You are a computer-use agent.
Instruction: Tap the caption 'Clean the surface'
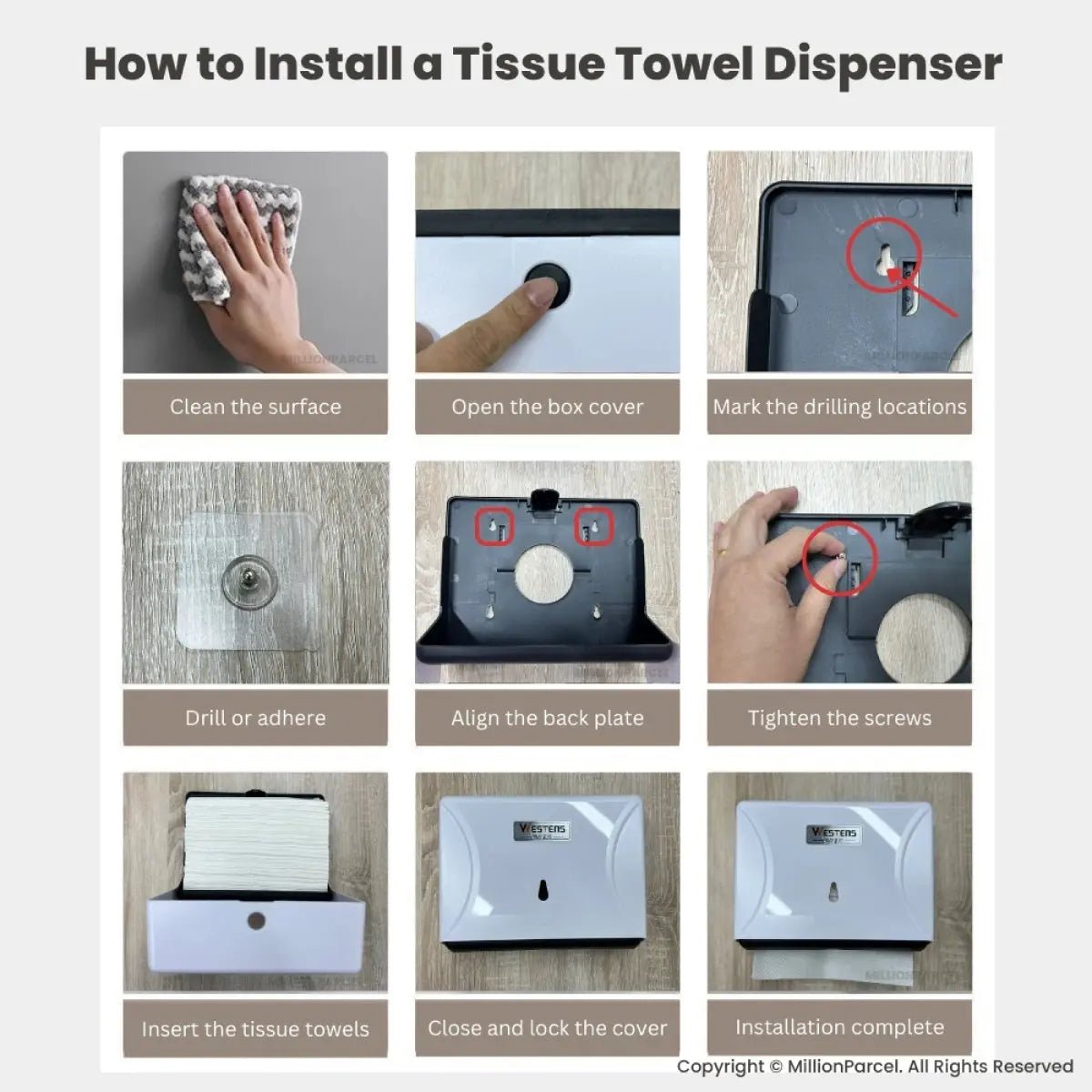click(x=256, y=406)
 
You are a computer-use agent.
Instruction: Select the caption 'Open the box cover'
click(x=548, y=406)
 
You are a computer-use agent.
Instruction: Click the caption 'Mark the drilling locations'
click(x=839, y=407)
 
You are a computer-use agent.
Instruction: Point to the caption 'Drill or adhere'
click(x=256, y=717)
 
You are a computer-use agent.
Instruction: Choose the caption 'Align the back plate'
click(x=548, y=718)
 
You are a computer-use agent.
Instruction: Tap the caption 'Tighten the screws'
click(x=839, y=718)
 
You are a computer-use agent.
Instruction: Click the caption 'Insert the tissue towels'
click(x=256, y=1029)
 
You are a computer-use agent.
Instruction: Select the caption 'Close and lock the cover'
click(x=548, y=1028)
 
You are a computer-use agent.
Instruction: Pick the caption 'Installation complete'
click(x=839, y=1026)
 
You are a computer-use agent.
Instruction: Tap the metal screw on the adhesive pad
click(x=248, y=579)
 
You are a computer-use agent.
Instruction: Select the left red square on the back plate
click(x=494, y=527)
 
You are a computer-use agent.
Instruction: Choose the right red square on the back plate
click(x=594, y=527)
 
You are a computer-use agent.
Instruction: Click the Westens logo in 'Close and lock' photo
click(x=541, y=830)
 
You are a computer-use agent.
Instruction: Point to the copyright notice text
click(x=875, y=1066)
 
